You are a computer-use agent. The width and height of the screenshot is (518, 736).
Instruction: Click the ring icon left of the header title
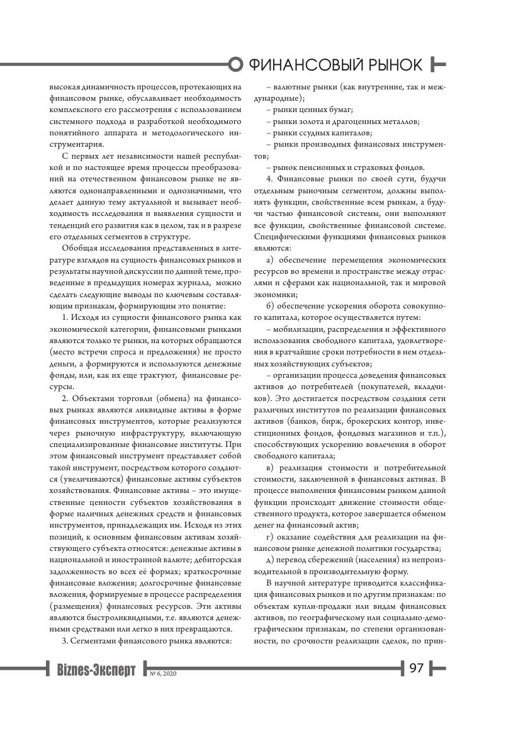click(x=235, y=64)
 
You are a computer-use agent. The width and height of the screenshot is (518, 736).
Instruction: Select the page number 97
click(x=417, y=668)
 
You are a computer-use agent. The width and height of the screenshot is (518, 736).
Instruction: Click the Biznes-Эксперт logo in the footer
click(x=96, y=670)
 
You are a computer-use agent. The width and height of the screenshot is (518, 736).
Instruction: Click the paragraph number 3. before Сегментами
click(x=65, y=642)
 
